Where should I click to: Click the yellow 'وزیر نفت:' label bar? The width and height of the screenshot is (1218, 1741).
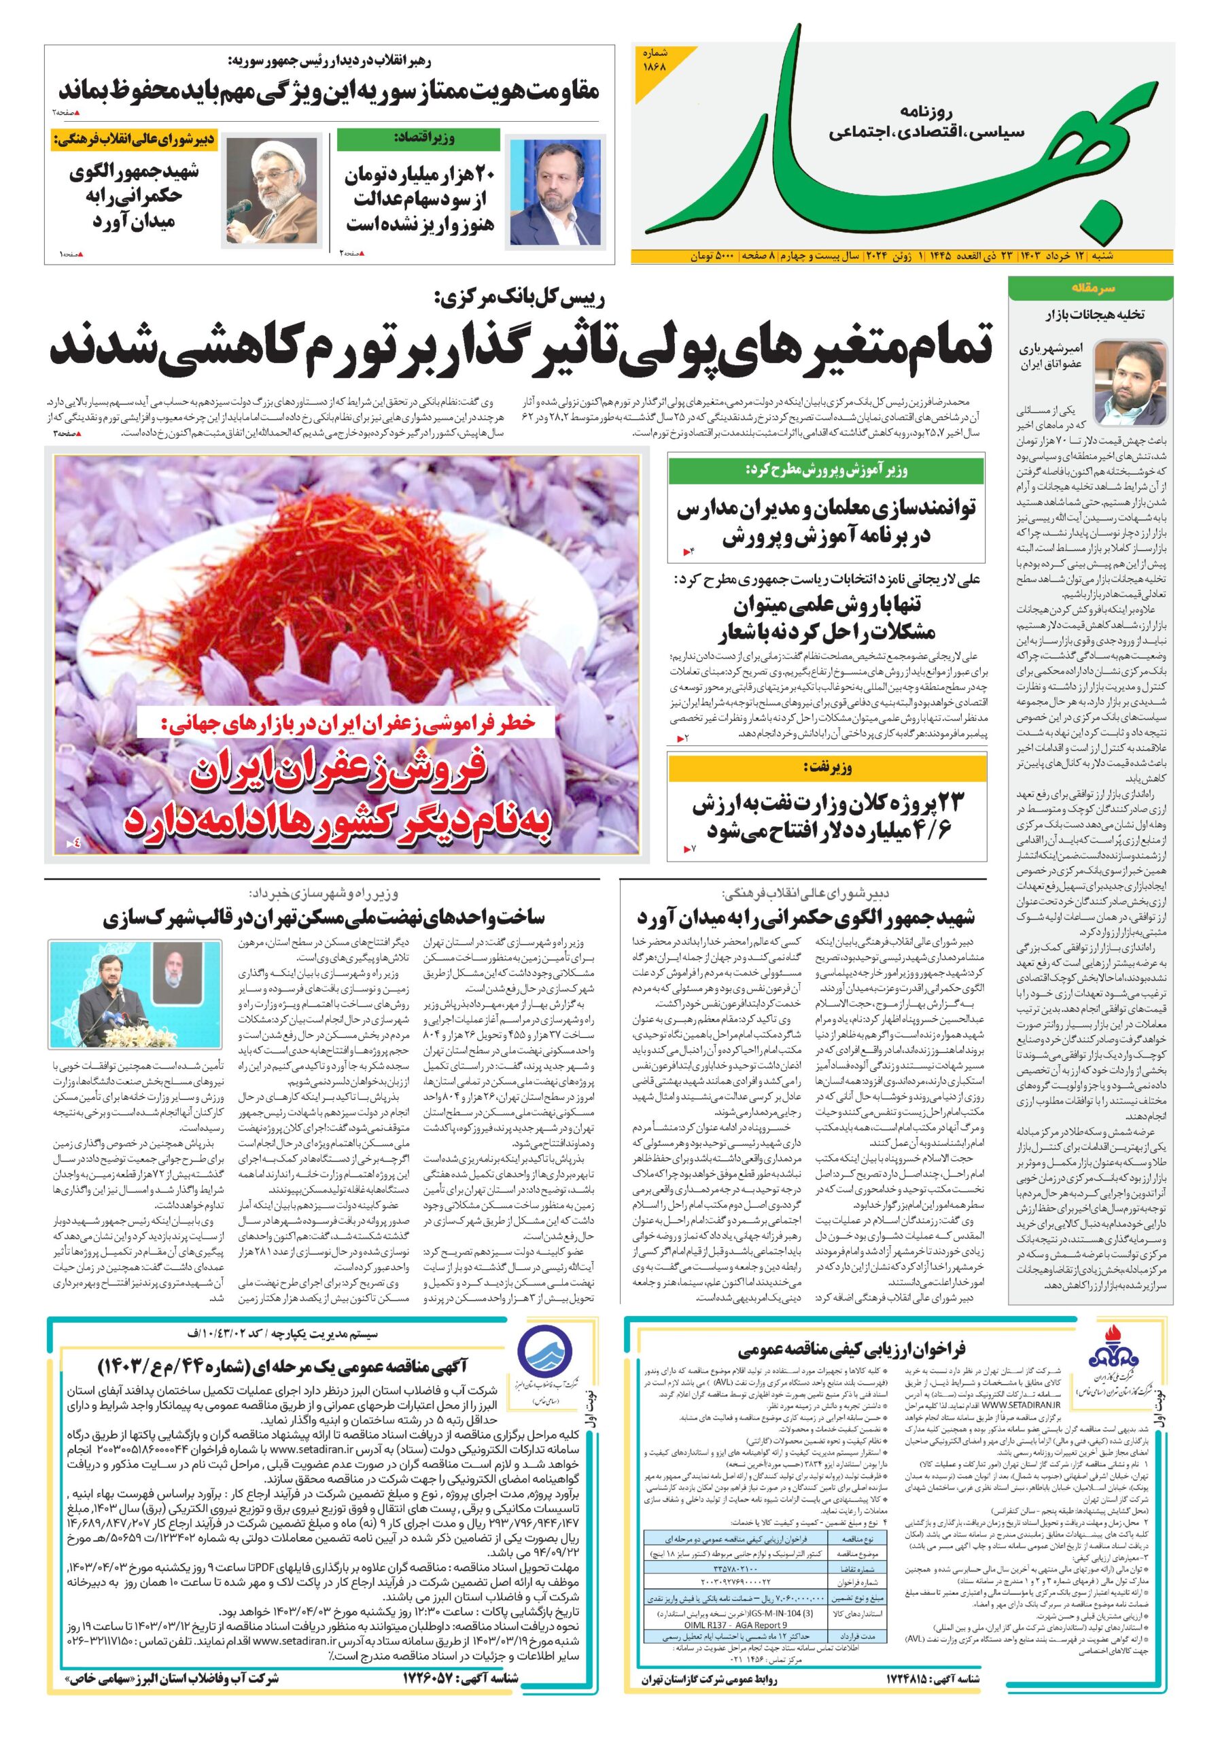[827, 768]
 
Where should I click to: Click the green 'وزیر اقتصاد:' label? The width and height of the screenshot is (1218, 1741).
[417, 139]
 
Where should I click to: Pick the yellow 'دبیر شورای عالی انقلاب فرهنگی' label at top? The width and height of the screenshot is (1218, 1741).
[134, 139]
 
